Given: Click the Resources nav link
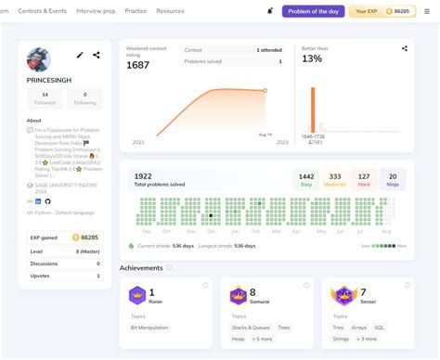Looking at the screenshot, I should [170, 11].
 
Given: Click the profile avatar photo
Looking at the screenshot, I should [40, 60].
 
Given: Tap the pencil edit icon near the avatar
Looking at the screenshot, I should [79, 56].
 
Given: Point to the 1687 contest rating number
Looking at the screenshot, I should [139, 65].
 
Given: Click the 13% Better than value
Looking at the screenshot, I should [312, 59].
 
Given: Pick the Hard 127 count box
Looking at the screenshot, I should [364, 179].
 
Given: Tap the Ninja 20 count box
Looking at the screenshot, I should [393, 179].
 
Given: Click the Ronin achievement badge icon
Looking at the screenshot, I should [137, 296].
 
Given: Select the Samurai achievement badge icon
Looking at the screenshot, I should [238, 296].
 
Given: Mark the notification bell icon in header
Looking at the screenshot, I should [270, 11].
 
